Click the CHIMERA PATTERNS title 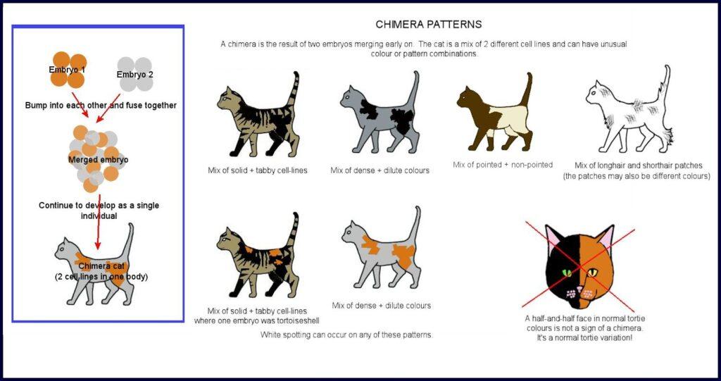428,24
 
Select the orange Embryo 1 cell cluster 68,70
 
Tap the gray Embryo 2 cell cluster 135,75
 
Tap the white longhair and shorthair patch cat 629,113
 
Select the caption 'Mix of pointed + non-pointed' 503,165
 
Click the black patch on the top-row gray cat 403,120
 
